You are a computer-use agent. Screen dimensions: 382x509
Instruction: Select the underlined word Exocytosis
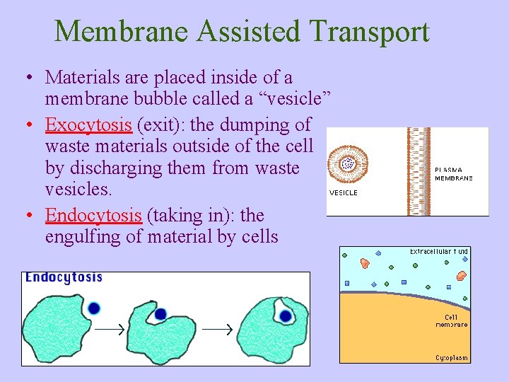[88, 125]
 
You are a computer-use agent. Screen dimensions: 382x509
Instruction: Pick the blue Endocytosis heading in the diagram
[64, 278]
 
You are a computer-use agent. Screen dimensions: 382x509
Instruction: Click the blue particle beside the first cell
[94, 308]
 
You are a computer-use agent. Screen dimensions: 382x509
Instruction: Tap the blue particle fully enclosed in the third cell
[286, 316]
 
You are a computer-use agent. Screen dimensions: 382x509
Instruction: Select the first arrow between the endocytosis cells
[110, 329]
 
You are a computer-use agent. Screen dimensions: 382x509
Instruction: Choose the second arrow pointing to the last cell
[218, 329]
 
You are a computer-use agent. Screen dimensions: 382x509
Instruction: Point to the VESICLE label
[344, 192]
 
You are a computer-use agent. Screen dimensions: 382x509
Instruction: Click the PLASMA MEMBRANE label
[453, 174]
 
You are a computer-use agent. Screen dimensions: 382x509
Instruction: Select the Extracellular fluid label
[438, 252]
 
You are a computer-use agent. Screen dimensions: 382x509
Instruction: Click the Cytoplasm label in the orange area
[451, 358]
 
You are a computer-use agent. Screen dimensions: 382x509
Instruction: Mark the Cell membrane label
[452, 320]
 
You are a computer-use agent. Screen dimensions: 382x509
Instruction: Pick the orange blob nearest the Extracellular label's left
[365, 263]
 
